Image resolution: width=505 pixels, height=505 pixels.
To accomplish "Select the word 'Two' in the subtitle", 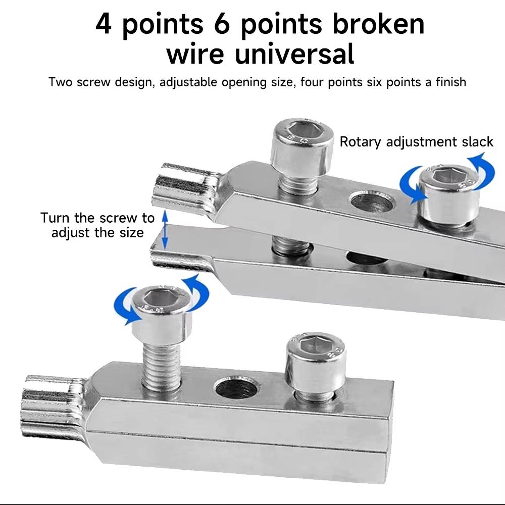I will pos(60,82).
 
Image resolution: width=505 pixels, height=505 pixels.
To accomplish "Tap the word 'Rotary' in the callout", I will pos(360,142).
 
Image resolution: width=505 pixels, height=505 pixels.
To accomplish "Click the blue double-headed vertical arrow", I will pos(164,230).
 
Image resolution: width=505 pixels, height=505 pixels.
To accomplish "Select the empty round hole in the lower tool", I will pos(237,388).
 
